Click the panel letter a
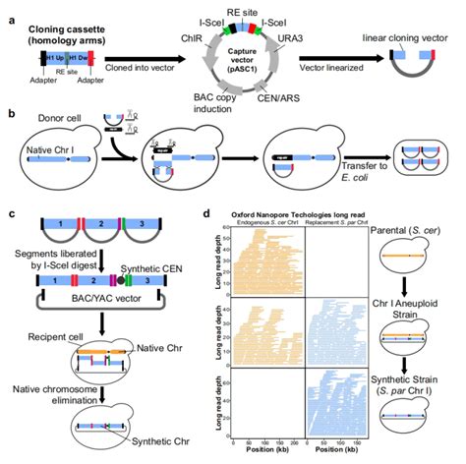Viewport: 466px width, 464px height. click(8, 10)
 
